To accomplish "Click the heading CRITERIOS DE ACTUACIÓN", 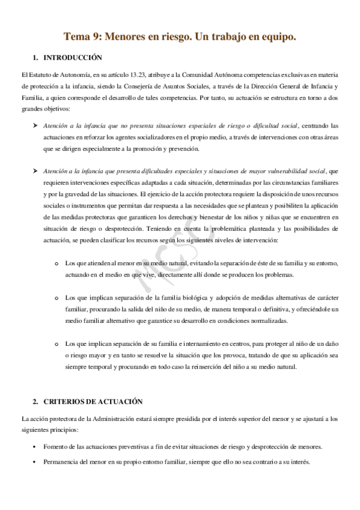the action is tap(93, 401).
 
